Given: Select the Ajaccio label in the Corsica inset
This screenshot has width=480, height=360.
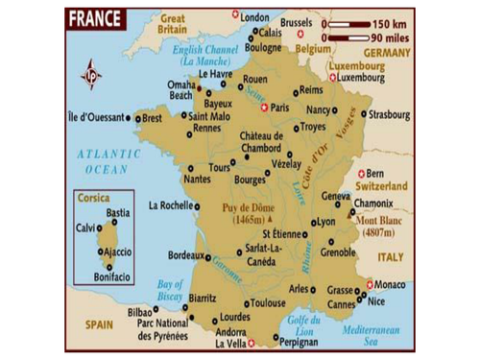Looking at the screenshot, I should [119, 252].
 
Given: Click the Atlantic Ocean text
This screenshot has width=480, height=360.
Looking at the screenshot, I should [108, 161].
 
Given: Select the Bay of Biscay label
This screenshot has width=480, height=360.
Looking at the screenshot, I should [169, 289].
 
